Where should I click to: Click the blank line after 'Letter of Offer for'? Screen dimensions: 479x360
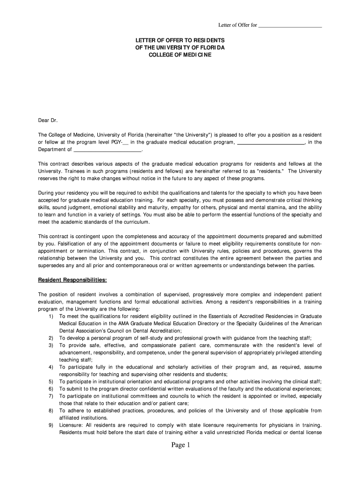[290, 25]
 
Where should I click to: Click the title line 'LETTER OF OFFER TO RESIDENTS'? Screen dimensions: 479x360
[180, 40]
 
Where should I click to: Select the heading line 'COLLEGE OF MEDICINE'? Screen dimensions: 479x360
[180, 55]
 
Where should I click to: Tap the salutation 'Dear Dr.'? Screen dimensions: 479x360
[47, 120]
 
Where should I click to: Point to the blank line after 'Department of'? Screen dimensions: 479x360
[108, 150]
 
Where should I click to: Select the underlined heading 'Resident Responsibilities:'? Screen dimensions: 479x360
[72, 280]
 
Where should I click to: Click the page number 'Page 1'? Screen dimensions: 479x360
[180, 445]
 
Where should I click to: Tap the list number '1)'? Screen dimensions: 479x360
[50, 316]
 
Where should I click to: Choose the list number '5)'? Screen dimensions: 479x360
[50, 382]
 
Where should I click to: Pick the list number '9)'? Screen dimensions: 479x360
[50, 425]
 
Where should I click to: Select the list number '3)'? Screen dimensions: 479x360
[50, 345]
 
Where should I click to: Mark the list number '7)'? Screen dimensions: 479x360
[50, 396]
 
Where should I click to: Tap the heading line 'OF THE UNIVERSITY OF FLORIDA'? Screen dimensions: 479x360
[180, 48]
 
